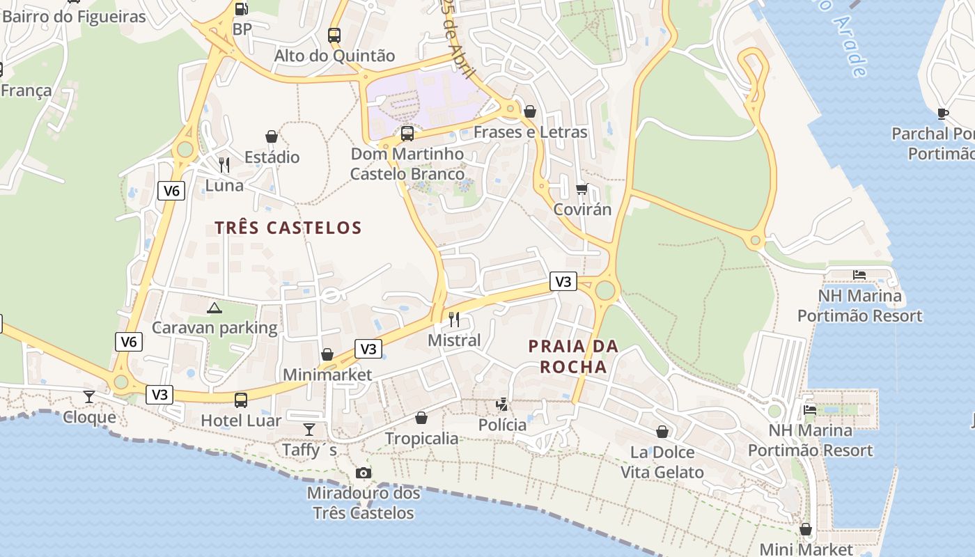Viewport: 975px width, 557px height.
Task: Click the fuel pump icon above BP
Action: (241, 8)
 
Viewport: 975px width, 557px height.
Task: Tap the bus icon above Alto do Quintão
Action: (334, 35)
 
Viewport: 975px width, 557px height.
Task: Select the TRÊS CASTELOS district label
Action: (288, 228)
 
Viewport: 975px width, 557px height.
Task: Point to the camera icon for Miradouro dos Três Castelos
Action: (363, 473)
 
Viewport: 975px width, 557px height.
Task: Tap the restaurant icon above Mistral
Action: (454, 320)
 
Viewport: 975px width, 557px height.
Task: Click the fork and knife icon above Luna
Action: (224, 165)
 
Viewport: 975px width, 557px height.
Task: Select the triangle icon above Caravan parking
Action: (214, 307)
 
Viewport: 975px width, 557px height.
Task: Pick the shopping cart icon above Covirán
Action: (582, 189)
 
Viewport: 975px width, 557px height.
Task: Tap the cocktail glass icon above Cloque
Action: (89, 397)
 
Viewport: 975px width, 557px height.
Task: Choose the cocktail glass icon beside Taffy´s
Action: (309, 430)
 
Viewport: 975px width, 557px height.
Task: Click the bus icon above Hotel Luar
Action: (241, 400)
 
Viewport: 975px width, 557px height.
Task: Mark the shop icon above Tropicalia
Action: (421, 418)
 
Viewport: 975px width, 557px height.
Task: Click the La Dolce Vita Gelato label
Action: (662, 462)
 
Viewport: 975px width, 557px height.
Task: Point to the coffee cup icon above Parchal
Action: (943, 113)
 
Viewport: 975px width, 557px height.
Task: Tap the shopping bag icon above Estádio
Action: (272, 136)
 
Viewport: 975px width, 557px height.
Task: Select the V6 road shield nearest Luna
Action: (171, 191)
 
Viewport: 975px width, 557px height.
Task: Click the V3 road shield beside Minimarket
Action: (368, 349)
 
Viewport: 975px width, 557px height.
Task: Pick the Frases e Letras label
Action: (531, 132)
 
